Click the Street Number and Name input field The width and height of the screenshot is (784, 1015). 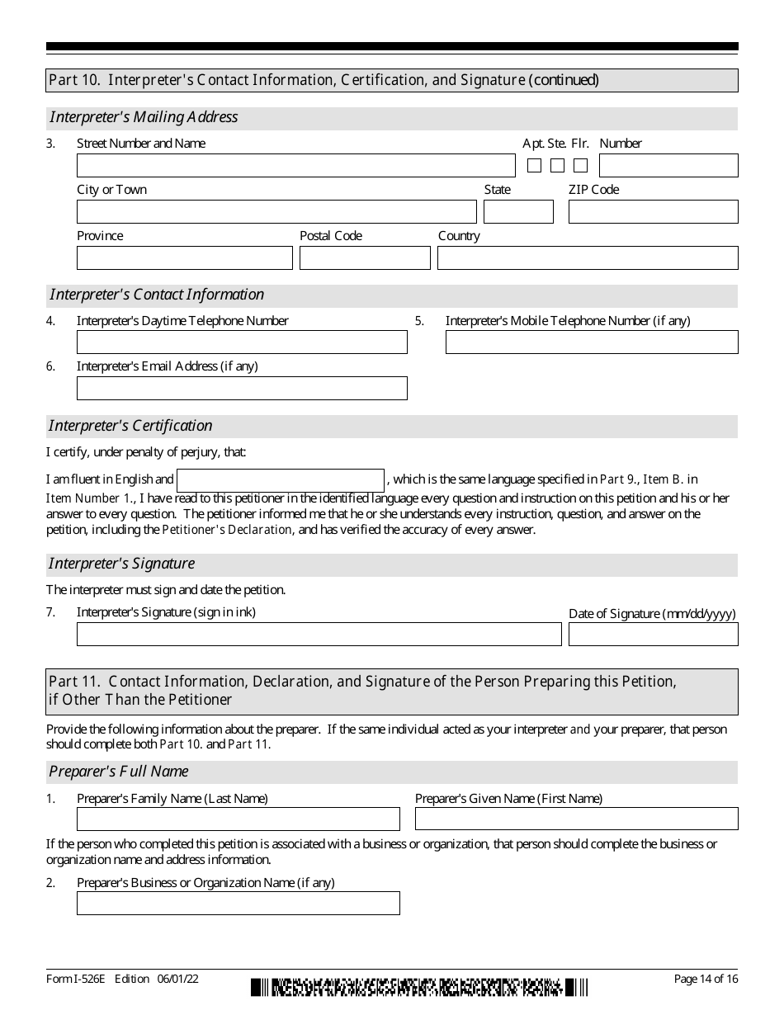coord(295,166)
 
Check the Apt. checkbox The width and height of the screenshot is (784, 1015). coord(534,166)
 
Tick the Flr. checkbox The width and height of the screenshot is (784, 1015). coord(581,166)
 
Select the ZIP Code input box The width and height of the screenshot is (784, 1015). coord(653,212)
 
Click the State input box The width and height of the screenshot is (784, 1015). coord(518,212)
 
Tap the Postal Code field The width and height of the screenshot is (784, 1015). coord(365,258)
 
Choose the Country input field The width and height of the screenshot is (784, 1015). coord(588,258)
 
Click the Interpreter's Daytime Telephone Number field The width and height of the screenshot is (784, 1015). coord(242,342)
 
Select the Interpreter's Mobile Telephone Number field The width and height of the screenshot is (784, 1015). coord(592,342)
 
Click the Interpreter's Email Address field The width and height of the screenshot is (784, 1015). coord(242,389)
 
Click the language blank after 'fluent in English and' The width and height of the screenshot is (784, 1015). coord(281,480)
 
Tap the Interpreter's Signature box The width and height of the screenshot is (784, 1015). coord(319,635)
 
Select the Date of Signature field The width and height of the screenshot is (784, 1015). coord(653,635)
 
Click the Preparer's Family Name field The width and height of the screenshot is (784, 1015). coord(238,819)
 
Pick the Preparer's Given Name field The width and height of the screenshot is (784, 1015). coord(576,819)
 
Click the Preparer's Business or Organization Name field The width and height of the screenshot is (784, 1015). coord(238,904)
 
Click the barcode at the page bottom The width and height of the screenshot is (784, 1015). coord(420,986)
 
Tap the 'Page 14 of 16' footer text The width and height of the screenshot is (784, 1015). coord(706,980)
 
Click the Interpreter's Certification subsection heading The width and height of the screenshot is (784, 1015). coord(130,426)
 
